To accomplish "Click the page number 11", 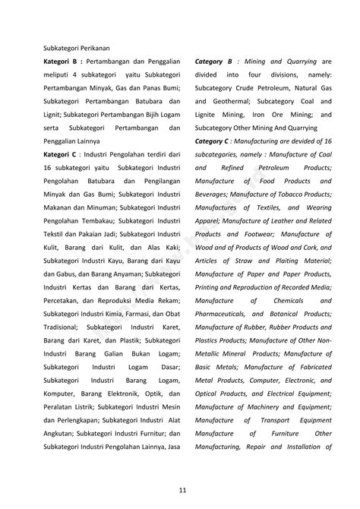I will pos(180,488).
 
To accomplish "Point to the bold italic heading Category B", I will pos(213,60).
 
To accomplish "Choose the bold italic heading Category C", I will pos(213,141).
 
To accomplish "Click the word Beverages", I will pos(214,194).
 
